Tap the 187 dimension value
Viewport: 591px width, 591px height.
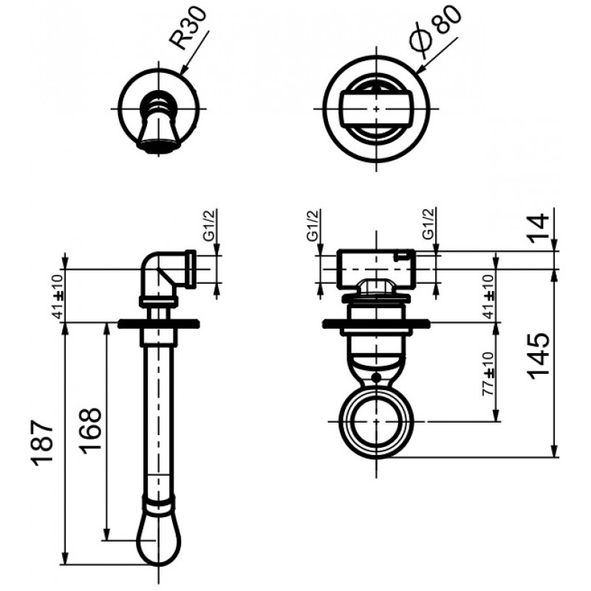pos(42,442)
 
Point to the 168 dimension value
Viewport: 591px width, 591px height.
pos(90,431)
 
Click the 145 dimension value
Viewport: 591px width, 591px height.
pos(538,356)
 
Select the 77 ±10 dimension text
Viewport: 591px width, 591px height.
pos(488,373)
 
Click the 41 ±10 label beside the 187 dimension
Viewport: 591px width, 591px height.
pos(58,297)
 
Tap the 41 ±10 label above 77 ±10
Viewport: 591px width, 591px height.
pos(488,297)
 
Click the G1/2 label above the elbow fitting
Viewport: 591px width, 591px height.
pos(209,225)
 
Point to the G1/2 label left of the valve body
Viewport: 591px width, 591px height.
pos(312,225)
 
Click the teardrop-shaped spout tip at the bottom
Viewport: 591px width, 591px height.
pos(158,540)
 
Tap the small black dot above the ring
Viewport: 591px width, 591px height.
pos(375,377)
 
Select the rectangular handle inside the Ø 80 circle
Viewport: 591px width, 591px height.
pos(376,109)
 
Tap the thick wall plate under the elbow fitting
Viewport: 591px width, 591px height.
pos(158,324)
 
